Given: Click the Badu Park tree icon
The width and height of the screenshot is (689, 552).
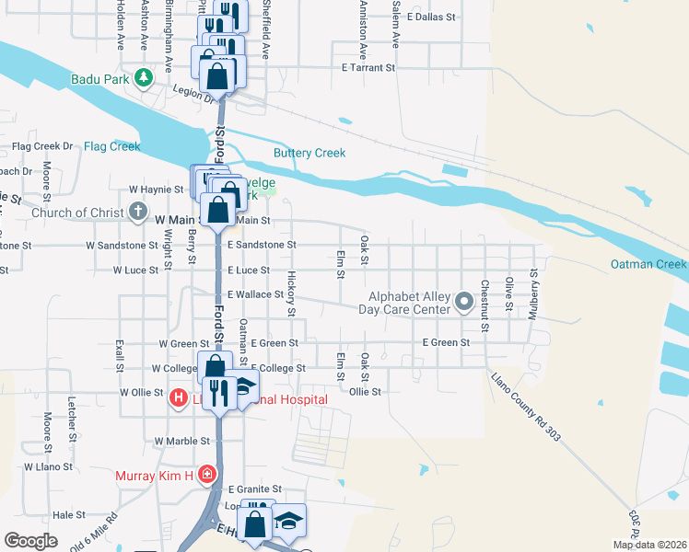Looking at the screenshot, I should click(143, 77).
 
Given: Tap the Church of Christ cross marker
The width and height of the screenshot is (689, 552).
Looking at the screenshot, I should click(137, 213).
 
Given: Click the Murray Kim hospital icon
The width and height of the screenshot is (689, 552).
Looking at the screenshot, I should click(208, 475).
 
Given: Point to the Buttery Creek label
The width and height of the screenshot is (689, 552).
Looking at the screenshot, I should click(309, 153).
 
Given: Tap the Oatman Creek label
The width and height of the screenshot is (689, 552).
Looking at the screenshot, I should click(648, 265).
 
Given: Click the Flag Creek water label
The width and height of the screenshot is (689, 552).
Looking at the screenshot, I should click(111, 146).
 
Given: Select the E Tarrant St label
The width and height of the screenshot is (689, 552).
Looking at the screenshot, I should click(368, 67).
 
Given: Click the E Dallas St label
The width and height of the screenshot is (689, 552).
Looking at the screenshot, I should click(431, 17).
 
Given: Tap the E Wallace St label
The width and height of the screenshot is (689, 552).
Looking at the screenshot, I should click(255, 294).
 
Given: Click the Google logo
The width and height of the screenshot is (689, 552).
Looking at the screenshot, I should click(30, 541).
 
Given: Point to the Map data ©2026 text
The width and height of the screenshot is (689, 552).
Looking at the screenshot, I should click(648, 545).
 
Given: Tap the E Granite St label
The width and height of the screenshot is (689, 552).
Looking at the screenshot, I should click(254, 489).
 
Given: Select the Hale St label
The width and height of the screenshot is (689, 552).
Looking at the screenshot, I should click(68, 515).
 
